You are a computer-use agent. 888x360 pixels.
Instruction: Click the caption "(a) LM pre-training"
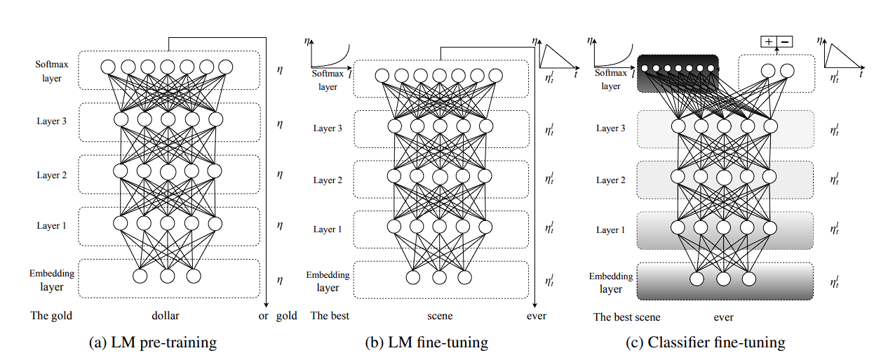(x=153, y=342)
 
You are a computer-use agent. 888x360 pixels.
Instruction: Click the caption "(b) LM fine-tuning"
(x=426, y=342)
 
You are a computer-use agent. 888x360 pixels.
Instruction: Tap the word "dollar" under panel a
(x=167, y=316)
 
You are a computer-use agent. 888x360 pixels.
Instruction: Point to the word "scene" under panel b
(x=440, y=316)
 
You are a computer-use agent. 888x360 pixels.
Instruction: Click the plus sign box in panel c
(x=769, y=42)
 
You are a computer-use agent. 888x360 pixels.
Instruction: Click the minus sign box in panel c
(x=785, y=42)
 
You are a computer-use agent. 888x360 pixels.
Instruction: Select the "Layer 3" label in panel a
(x=52, y=121)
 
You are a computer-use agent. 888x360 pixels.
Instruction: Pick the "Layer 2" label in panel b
(x=328, y=180)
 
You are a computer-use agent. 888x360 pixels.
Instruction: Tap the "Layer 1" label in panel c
(x=611, y=229)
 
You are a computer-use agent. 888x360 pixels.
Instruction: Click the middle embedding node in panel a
(x=167, y=276)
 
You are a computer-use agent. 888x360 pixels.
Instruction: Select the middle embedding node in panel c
(x=723, y=279)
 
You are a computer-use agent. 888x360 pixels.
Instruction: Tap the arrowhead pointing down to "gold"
(x=267, y=304)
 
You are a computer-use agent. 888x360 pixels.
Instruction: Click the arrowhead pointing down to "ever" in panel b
(x=536, y=304)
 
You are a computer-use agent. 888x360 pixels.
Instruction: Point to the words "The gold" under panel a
(x=51, y=316)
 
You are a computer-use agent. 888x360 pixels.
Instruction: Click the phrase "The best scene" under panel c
(x=627, y=317)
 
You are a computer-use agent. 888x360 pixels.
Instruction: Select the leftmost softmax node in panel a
(x=108, y=67)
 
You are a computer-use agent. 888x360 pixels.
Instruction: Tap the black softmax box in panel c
(x=679, y=74)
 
